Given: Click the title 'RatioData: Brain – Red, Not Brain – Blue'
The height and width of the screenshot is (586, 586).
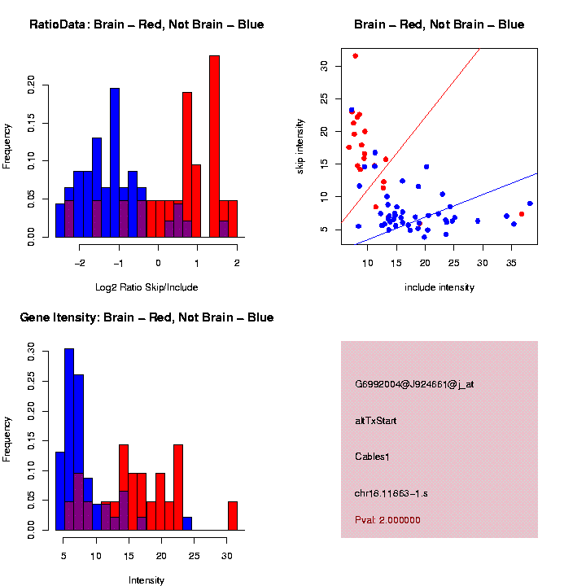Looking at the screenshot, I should (x=146, y=24).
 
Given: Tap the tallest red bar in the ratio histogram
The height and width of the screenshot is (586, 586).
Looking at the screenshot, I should (x=214, y=146).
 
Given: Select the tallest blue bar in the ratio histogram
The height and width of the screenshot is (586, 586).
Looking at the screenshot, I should (x=115, y=163).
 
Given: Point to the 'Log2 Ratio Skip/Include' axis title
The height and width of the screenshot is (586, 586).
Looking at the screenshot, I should (x=146, y=286).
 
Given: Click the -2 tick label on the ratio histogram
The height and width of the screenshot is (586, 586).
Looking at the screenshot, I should (x=80, y=263).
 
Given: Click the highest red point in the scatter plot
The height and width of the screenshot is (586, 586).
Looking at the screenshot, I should (x=355, y=56).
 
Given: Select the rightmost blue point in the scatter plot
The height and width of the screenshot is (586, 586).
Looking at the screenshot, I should (x=530, y=203).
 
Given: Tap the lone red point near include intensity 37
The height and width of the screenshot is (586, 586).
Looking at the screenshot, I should (x=522, y=214).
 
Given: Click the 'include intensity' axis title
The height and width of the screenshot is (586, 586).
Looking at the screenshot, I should (x=439, y=286).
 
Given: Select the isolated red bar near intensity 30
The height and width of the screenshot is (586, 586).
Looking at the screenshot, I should (x=233, y=516).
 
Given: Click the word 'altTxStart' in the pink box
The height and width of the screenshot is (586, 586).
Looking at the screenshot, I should (x=376, y=421).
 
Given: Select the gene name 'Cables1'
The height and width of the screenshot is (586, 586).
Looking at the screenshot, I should (x=373, y=457).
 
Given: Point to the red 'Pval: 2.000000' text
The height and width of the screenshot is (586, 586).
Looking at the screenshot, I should (x=387, y=519).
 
